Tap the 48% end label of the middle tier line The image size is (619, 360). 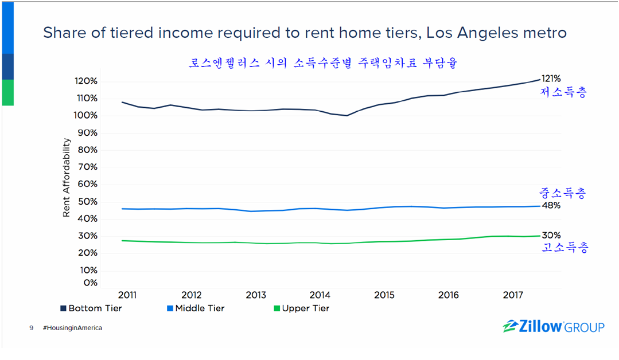551,206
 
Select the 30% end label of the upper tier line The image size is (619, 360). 551,235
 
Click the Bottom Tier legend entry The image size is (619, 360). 91,308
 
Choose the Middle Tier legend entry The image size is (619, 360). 195,308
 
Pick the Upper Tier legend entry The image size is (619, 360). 301,308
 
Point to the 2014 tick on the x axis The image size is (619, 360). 320,295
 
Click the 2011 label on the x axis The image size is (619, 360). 127,295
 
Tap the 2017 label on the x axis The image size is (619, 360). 513,295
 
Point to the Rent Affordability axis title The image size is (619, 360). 67,178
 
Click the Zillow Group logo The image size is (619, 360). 553,327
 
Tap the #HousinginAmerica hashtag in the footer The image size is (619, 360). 72,328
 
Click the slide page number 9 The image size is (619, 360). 32,328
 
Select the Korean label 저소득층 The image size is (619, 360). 564,93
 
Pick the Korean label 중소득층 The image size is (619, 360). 563,193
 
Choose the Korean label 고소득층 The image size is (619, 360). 565,248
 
